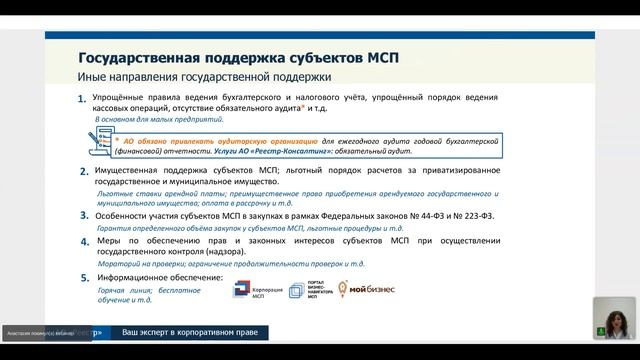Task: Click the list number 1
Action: point(82,98)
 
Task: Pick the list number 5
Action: point(83,277)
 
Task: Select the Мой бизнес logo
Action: point(370,290)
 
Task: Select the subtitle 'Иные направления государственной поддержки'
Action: point(204,77)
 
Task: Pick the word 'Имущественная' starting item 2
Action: point(129,171)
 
